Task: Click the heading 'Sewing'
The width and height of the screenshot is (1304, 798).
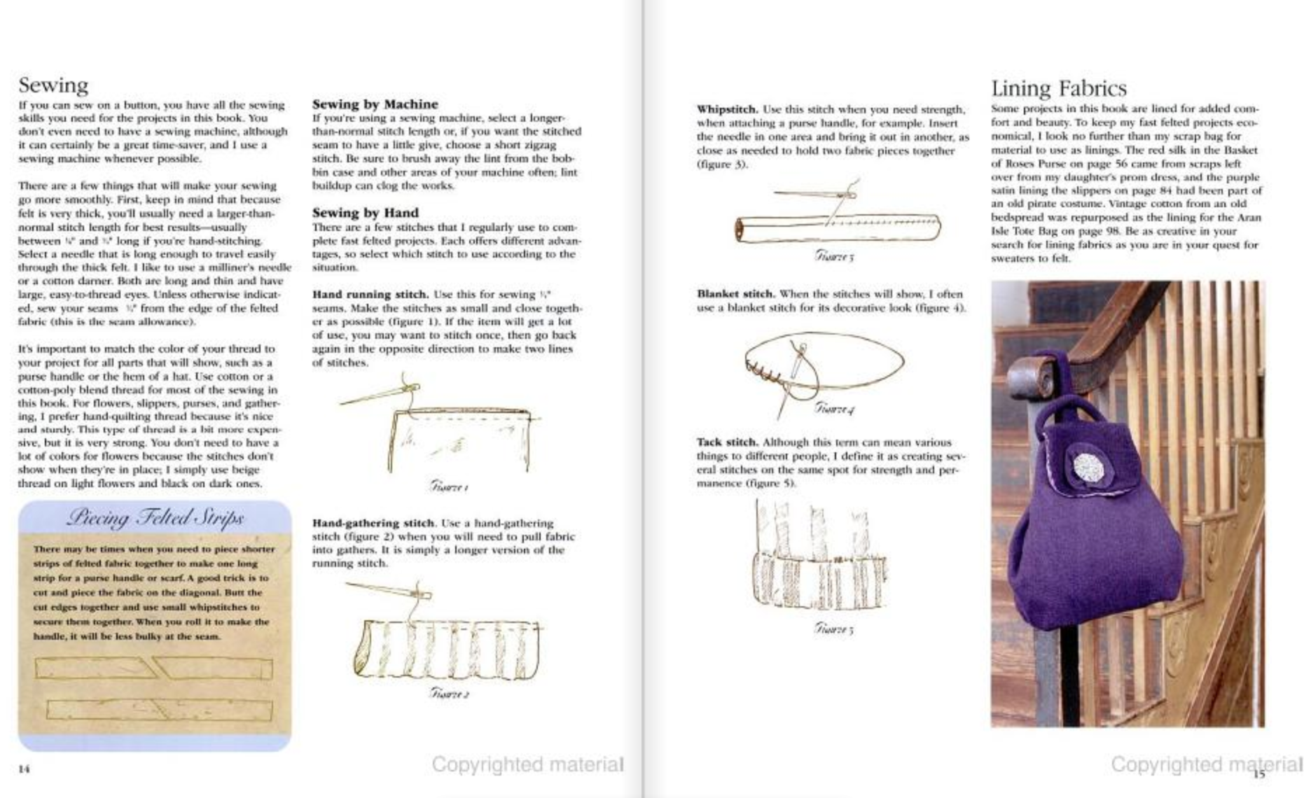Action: tap(53, 85)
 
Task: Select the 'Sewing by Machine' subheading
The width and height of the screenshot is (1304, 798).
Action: tap(375, 104)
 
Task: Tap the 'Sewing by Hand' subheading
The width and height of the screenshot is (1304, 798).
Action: tap(365, 213)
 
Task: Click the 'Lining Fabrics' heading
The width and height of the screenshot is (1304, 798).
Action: tap(1058, 88)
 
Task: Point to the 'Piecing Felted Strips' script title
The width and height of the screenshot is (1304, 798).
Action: tap(155, 518)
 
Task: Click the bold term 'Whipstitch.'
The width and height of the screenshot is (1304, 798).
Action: tap(727, 110)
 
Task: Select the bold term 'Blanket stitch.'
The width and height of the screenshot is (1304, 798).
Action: tap(735, 294)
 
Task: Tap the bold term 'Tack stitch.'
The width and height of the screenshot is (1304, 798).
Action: tap(727, 442)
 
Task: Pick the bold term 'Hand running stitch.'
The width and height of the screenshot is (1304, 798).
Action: tap(370, 295)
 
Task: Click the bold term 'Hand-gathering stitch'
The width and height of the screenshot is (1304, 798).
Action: tap(373, 523)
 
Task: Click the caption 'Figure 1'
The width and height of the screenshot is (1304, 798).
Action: tap(449, 486)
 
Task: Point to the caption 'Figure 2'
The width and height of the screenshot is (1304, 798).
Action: tap(449, 694)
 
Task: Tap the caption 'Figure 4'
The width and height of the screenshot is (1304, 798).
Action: tap(833, 408)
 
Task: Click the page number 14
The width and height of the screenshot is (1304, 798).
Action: tap(25, 769)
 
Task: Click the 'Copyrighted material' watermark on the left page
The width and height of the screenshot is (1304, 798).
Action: tap(527, 764)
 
